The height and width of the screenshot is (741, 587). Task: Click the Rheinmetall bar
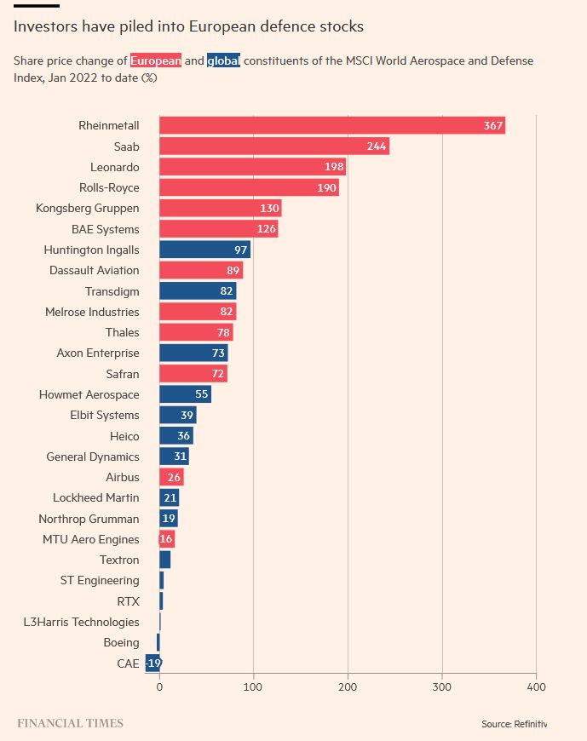tap(332, 125)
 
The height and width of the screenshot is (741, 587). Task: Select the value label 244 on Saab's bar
tap(377, 146)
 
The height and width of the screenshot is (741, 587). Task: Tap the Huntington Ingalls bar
tap(204, 250)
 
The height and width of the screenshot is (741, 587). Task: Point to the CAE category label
tap(128, 663)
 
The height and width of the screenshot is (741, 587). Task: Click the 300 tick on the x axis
tap(441, 686)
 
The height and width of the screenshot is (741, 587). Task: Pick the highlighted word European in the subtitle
tap(156, 61)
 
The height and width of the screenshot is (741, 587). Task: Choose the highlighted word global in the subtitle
tap(223, 61)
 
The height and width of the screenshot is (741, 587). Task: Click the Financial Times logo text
tap(71, 723)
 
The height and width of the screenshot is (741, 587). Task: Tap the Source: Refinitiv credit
tap(514, 724)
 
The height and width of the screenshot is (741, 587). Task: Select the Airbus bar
tap(171, 477)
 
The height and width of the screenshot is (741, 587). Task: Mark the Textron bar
tap(165, 560)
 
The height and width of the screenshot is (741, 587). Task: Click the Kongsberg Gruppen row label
tap(88, 208)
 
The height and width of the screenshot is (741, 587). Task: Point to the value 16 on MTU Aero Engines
tap(166, 539)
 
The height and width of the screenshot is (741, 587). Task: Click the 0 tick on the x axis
tap(159, 686)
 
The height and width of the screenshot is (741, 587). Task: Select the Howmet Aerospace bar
tap(185, 394)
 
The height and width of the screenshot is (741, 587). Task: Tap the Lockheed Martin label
tap(95, 497)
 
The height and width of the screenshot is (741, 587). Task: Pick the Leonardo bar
tap(252, 167)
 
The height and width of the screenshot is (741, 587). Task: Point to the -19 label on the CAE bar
tap(153, 663)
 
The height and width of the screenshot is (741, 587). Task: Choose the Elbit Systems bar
tap(178, 415)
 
